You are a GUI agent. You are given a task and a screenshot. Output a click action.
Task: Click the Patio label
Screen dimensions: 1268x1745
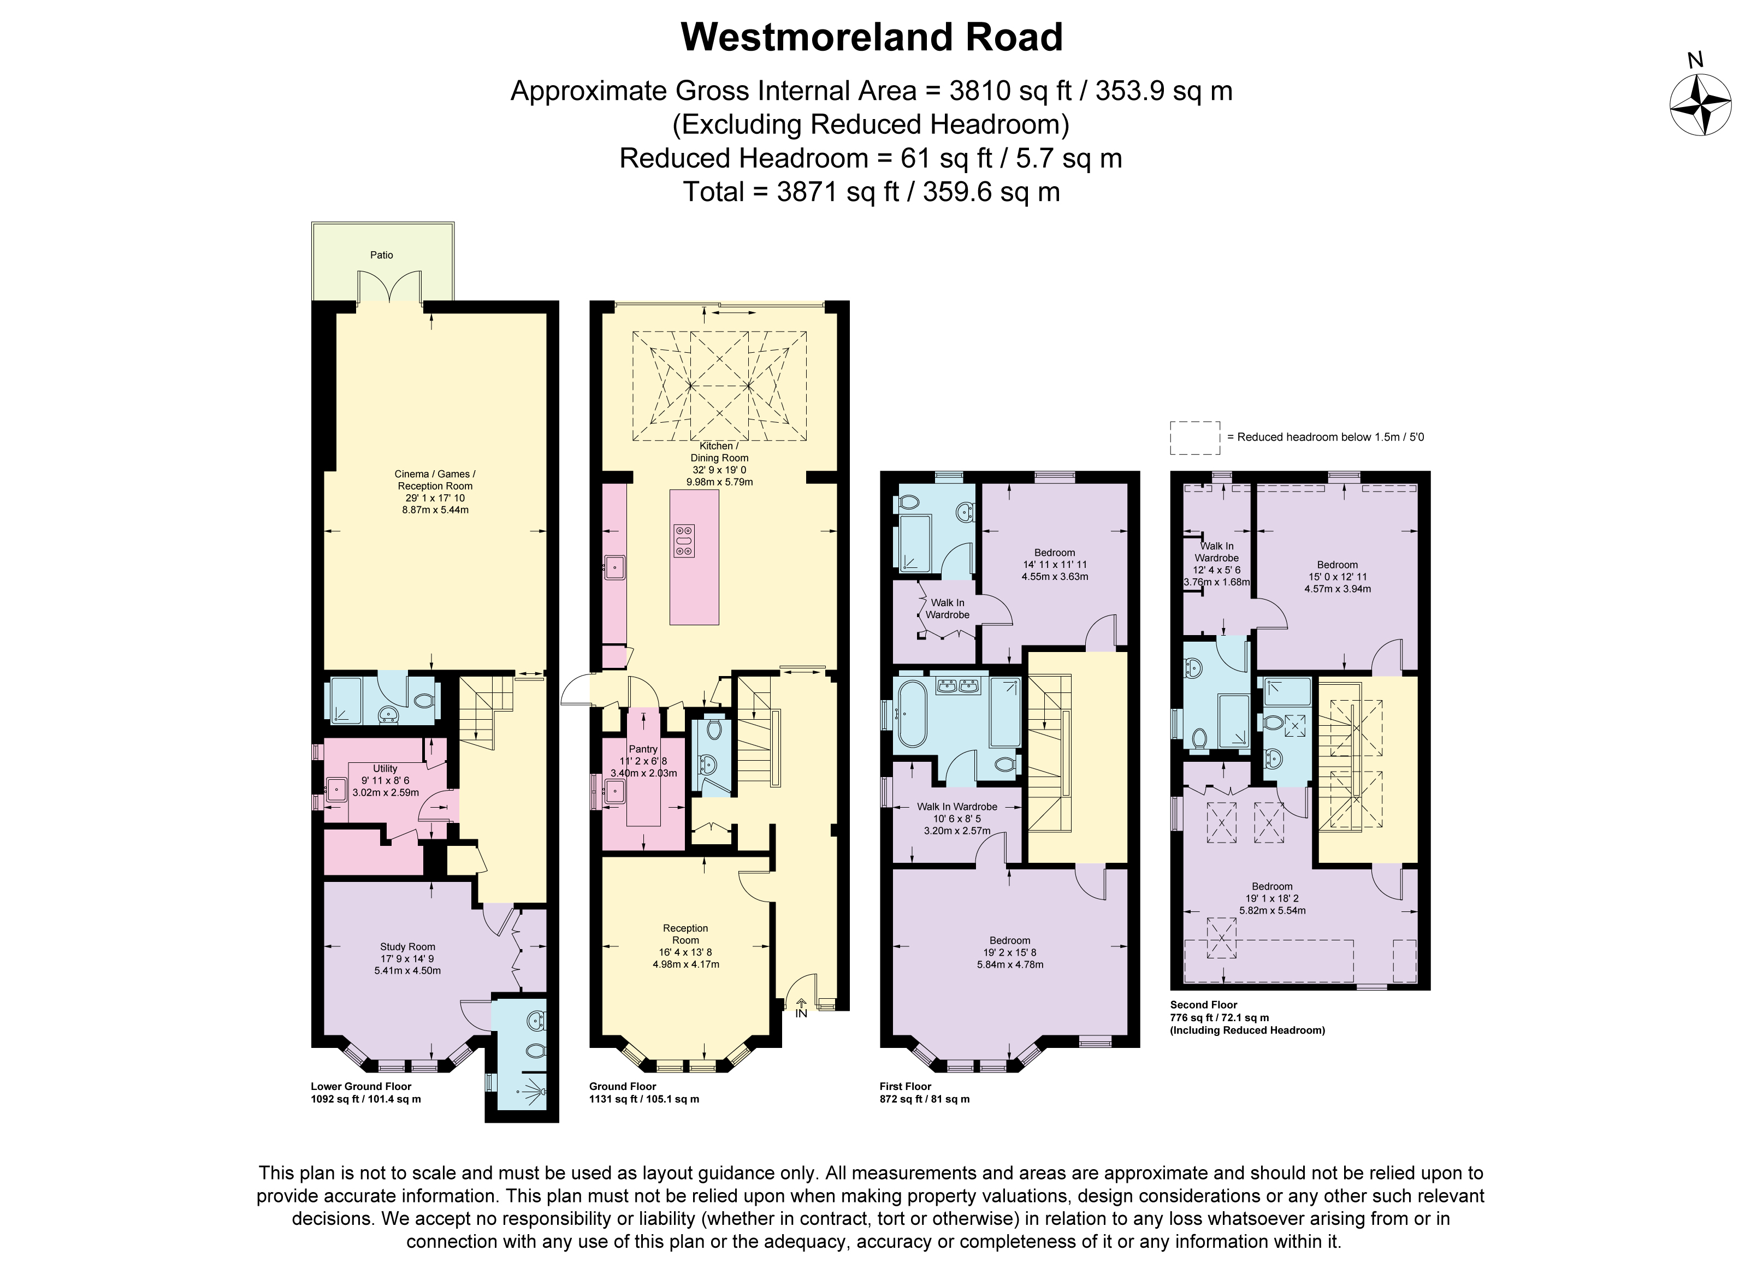pyautogui.click(x=382, y=254)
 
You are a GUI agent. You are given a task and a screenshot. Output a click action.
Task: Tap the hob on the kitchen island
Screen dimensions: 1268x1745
pyautogui.click(x=683, y=540)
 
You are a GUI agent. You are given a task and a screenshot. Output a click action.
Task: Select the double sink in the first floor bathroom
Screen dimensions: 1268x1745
pyautogui.click(x=958, y=685)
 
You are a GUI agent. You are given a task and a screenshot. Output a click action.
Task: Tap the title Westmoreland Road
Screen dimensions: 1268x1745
pyautogui.click(x=872, y=37)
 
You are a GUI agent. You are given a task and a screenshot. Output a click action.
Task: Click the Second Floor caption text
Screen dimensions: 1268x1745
pyautogui.click(x=1203, y=1005)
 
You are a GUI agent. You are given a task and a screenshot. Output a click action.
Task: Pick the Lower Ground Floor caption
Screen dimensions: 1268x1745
pyautogui.click(x=361, y=1086)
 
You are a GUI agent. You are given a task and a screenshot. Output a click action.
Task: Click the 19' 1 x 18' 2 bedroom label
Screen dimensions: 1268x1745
pyautogui.click(x=1272, y=898)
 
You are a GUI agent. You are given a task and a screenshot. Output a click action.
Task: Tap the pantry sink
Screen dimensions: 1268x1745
pyautogui.click(x=614, y=791)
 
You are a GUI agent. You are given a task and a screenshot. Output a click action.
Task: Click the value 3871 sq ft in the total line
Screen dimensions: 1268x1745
pyautogui.click(x=837, y=192)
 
